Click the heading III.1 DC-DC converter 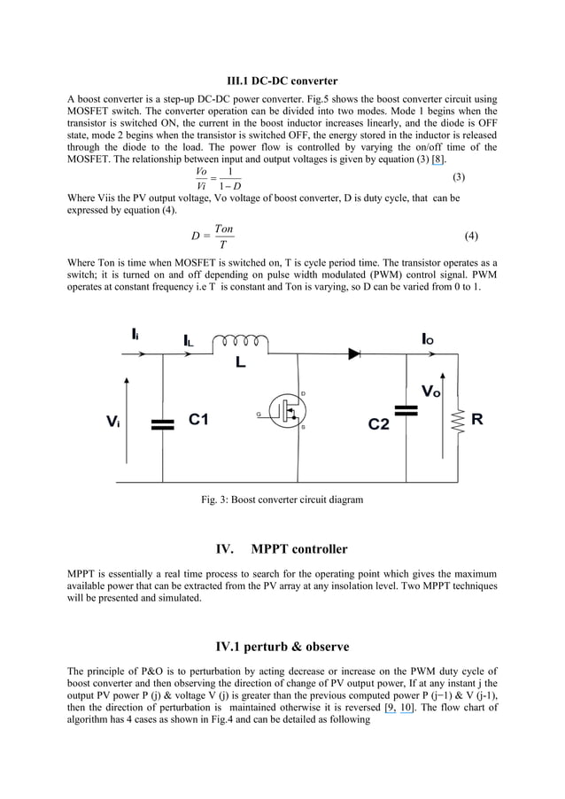(x=282, y=81)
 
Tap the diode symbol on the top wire (x=355, y=353)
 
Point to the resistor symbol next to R (x=458, y=421)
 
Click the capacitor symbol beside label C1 (x=163, y=423)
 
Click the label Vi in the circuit (x=113, y=423)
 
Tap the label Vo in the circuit (x=430, y=392)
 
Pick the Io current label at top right (x=428, y=338)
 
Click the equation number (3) (x=459, y=177)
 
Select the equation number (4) (x=471, y=237)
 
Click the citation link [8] (x=437, y=159)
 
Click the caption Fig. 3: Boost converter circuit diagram (x=282, y=500)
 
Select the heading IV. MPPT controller (x=282, y=549)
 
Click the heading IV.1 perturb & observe (x=282, y=647)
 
